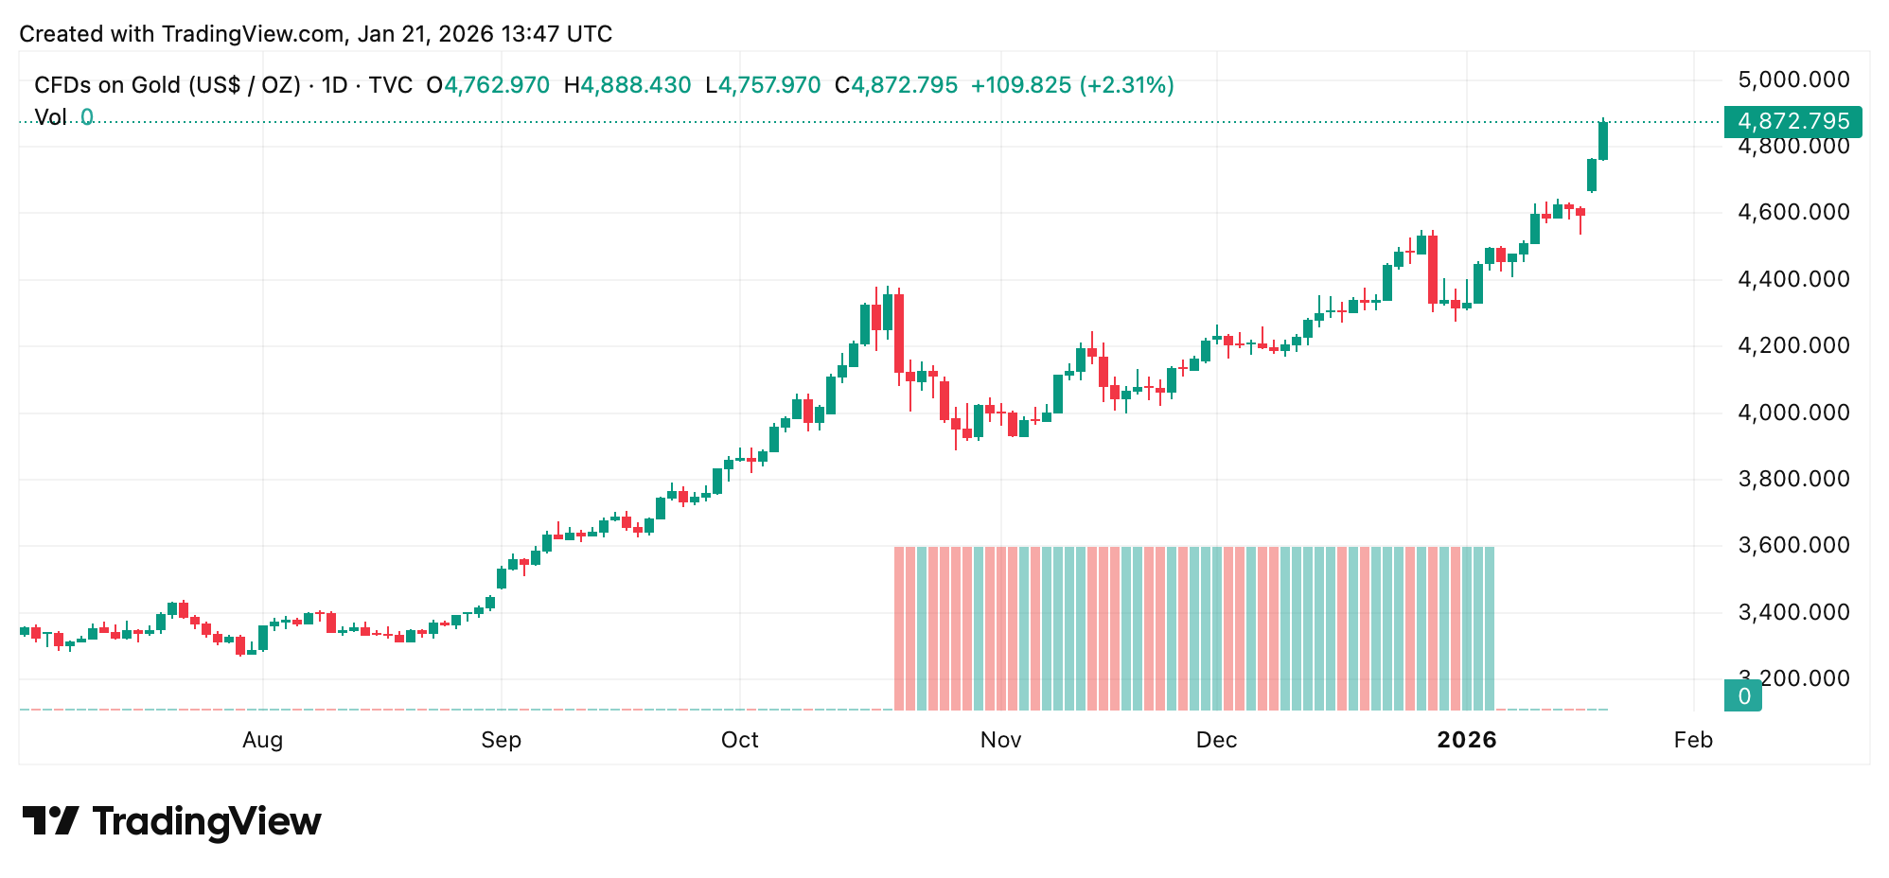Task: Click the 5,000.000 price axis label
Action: point(1793,79)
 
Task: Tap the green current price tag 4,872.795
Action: point(1792,122)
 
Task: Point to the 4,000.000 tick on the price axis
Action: point(1793,413)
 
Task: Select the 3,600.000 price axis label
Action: point(1793,545)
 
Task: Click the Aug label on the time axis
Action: point(262,740)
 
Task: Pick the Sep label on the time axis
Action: point(501,740)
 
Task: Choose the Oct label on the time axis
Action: point(739,740)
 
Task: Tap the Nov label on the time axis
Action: point(1000,740)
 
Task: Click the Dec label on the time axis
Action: point(1216,740)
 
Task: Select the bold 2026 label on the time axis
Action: point(1466,740)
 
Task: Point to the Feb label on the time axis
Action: point(1692,740)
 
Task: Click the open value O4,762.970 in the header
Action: point(487,85)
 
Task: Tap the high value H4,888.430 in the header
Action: point(627,85)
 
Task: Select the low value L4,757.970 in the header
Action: point(763,85)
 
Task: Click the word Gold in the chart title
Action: point(156,85)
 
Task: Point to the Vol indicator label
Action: point(50,117)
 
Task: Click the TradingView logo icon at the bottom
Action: point(50,820)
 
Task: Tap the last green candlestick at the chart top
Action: point(1603,140)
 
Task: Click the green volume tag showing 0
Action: point(1743,696)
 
